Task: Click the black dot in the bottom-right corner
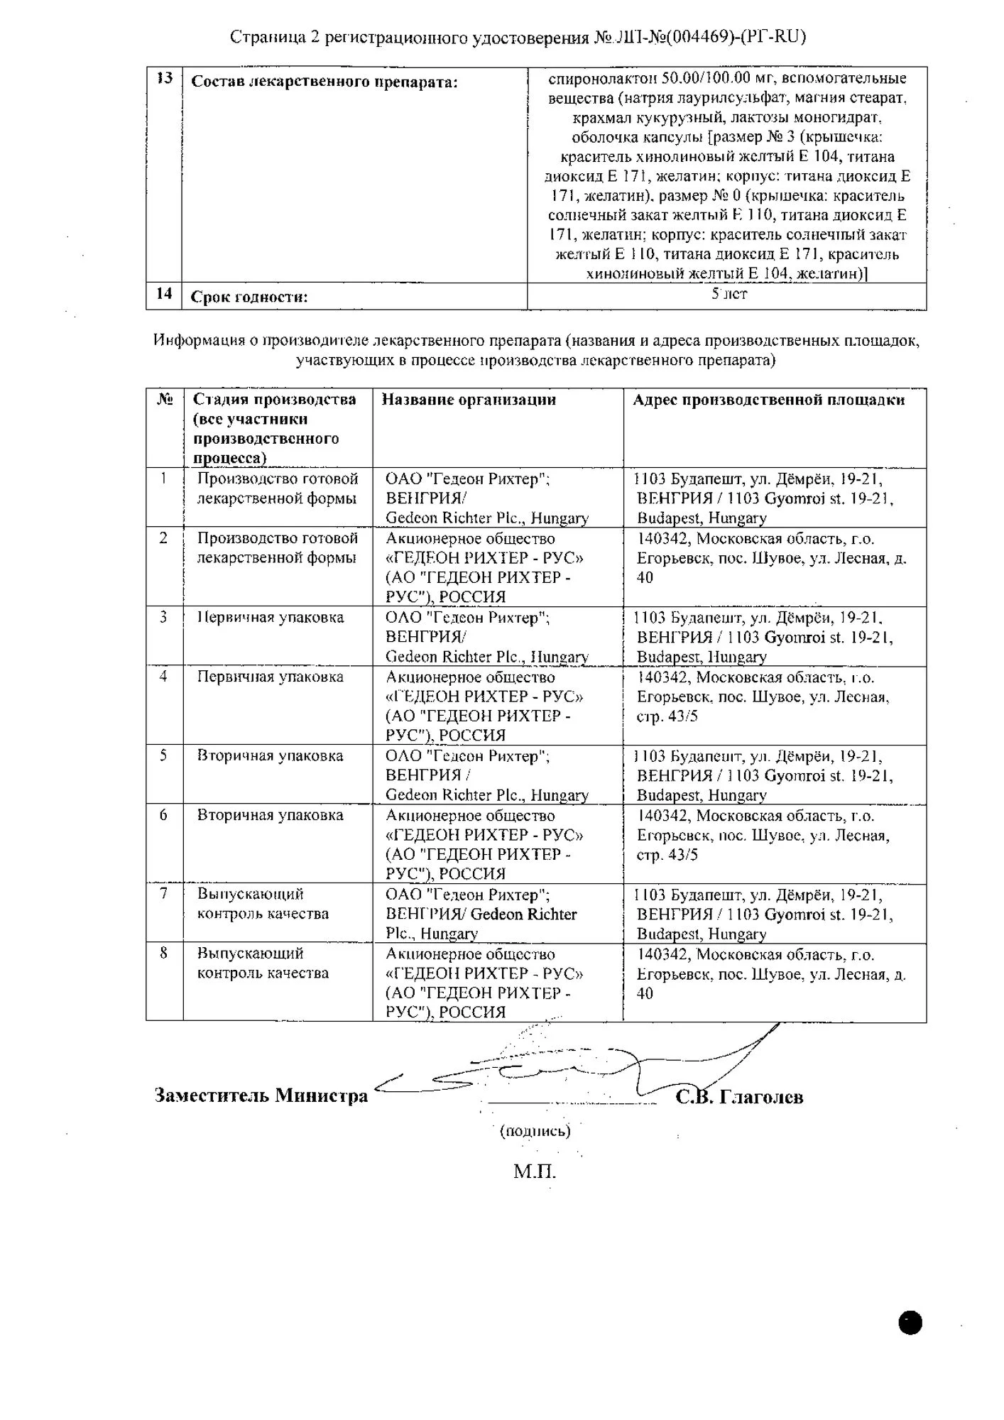(910, 1323)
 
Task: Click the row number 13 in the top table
(164, 78)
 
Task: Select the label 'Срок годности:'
(249, 297)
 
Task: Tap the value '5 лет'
(729, 293)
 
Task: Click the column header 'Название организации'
(469, 400)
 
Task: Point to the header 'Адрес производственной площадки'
(769, 400)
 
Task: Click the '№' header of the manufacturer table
(165, 400)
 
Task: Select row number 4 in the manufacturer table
(164, 677)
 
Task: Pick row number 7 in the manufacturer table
(164, 894)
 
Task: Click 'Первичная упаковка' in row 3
(271, 618)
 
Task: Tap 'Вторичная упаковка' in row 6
(271, 815)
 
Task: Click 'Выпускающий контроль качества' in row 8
(263, 963)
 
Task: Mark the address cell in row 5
(765, 775)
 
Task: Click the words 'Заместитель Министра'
(261, 1096)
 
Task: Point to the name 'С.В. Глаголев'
(739, 1097)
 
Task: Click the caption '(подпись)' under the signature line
(535, 1131)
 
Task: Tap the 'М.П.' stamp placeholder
(535, 1171)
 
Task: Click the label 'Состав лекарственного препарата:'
(324, 82)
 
